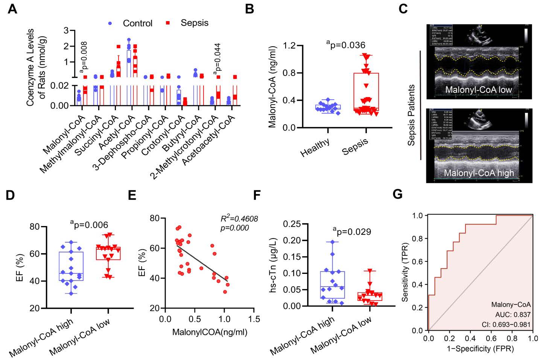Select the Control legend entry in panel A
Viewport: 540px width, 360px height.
pyautogui.click(x=137, y=23)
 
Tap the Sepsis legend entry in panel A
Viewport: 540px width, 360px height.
pyautogui.click(x=194, y=23)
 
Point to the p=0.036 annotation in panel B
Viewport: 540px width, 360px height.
pyautogui.click(x=346, y=45)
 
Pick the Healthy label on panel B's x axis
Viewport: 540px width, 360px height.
pyautogui.click(x=315, y=147)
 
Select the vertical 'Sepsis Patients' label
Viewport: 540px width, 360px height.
pyautogui.click(x=411, y=115)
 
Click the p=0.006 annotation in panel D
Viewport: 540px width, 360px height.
pyautogui.click(x=90, y=225)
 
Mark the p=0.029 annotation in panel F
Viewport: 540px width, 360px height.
pyautogui.click(x=352, y=232)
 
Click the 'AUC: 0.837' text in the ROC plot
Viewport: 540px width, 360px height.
pyautogui.click(x=513, y=314)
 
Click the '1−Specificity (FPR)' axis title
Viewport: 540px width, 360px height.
pyautogui.click(x=480, y=349)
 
